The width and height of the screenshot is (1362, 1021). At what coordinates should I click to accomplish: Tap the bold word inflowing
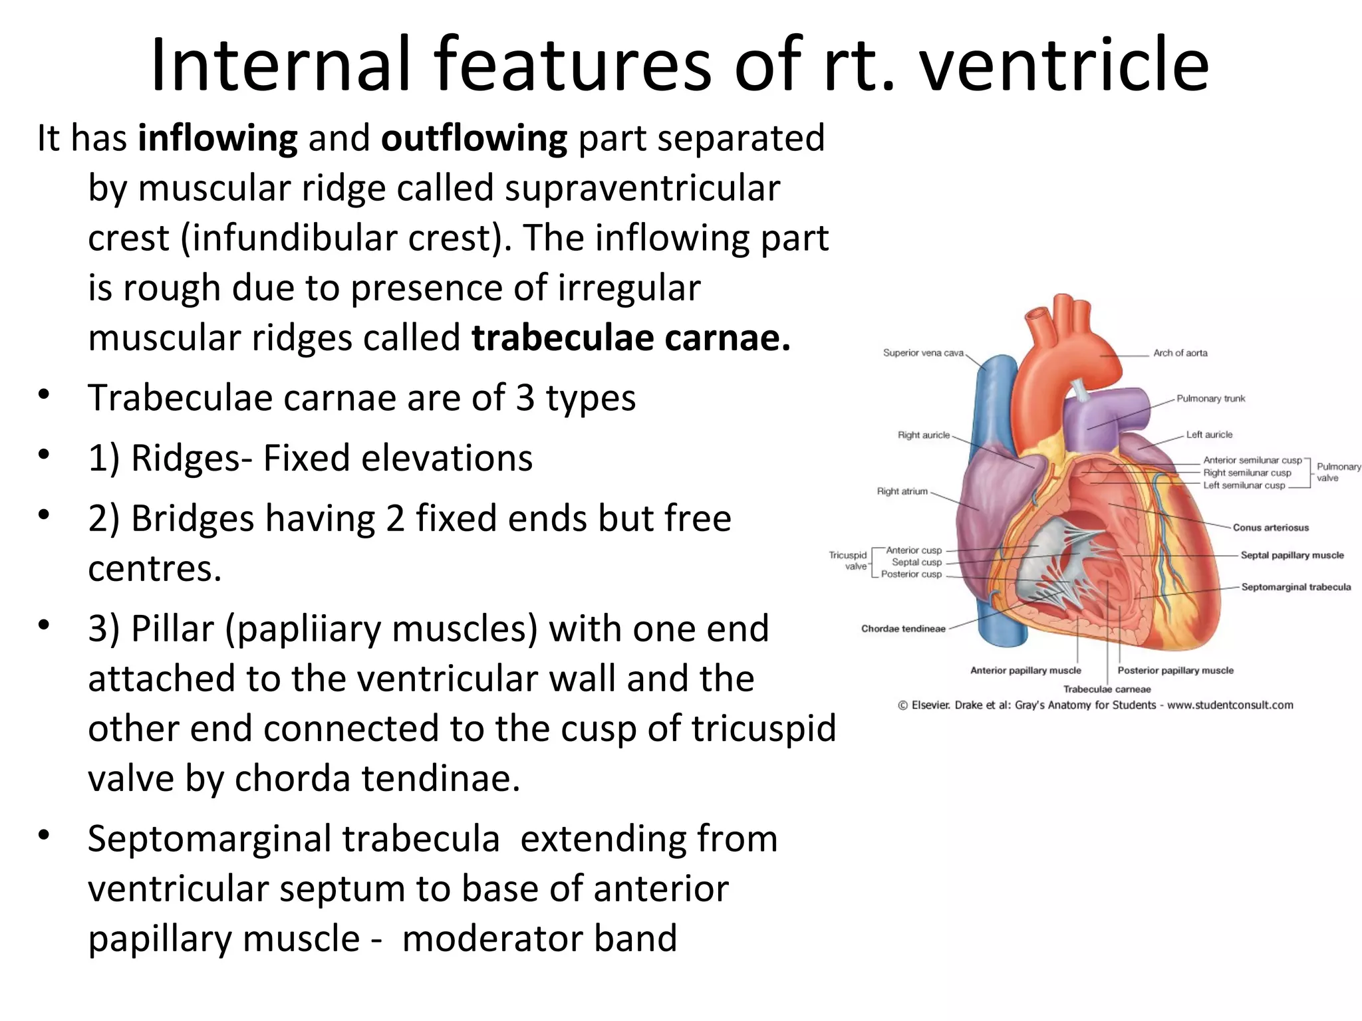(217, 138)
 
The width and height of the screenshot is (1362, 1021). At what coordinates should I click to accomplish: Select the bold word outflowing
(474, 138)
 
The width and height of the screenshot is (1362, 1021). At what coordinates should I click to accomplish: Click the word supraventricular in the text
(642, 188)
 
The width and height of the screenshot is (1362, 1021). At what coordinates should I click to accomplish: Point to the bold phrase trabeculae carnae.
(630, 338)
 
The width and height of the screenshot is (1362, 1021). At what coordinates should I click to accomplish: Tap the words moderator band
(539, 938)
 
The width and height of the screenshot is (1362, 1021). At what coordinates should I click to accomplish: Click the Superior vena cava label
(923, 353)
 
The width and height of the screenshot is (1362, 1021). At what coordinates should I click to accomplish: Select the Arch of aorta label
(1180, 353)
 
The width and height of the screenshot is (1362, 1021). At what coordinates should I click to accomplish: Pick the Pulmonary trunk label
(1210, 399)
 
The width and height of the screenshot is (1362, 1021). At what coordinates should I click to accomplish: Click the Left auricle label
(1209, 435)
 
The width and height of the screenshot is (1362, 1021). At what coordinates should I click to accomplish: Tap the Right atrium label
(902, 491)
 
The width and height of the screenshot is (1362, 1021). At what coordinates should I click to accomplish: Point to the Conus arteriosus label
(1270, 528)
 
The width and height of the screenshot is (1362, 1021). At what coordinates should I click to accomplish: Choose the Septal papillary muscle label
(1292, 555)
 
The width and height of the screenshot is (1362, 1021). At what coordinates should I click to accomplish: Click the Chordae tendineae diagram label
(903, 629)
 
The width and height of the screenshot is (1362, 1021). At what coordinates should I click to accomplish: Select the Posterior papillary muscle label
(1175, 671)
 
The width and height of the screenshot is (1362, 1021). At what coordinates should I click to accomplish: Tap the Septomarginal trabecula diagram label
(1295, 587)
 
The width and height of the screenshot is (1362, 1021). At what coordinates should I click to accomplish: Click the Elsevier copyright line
(1095, 705)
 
